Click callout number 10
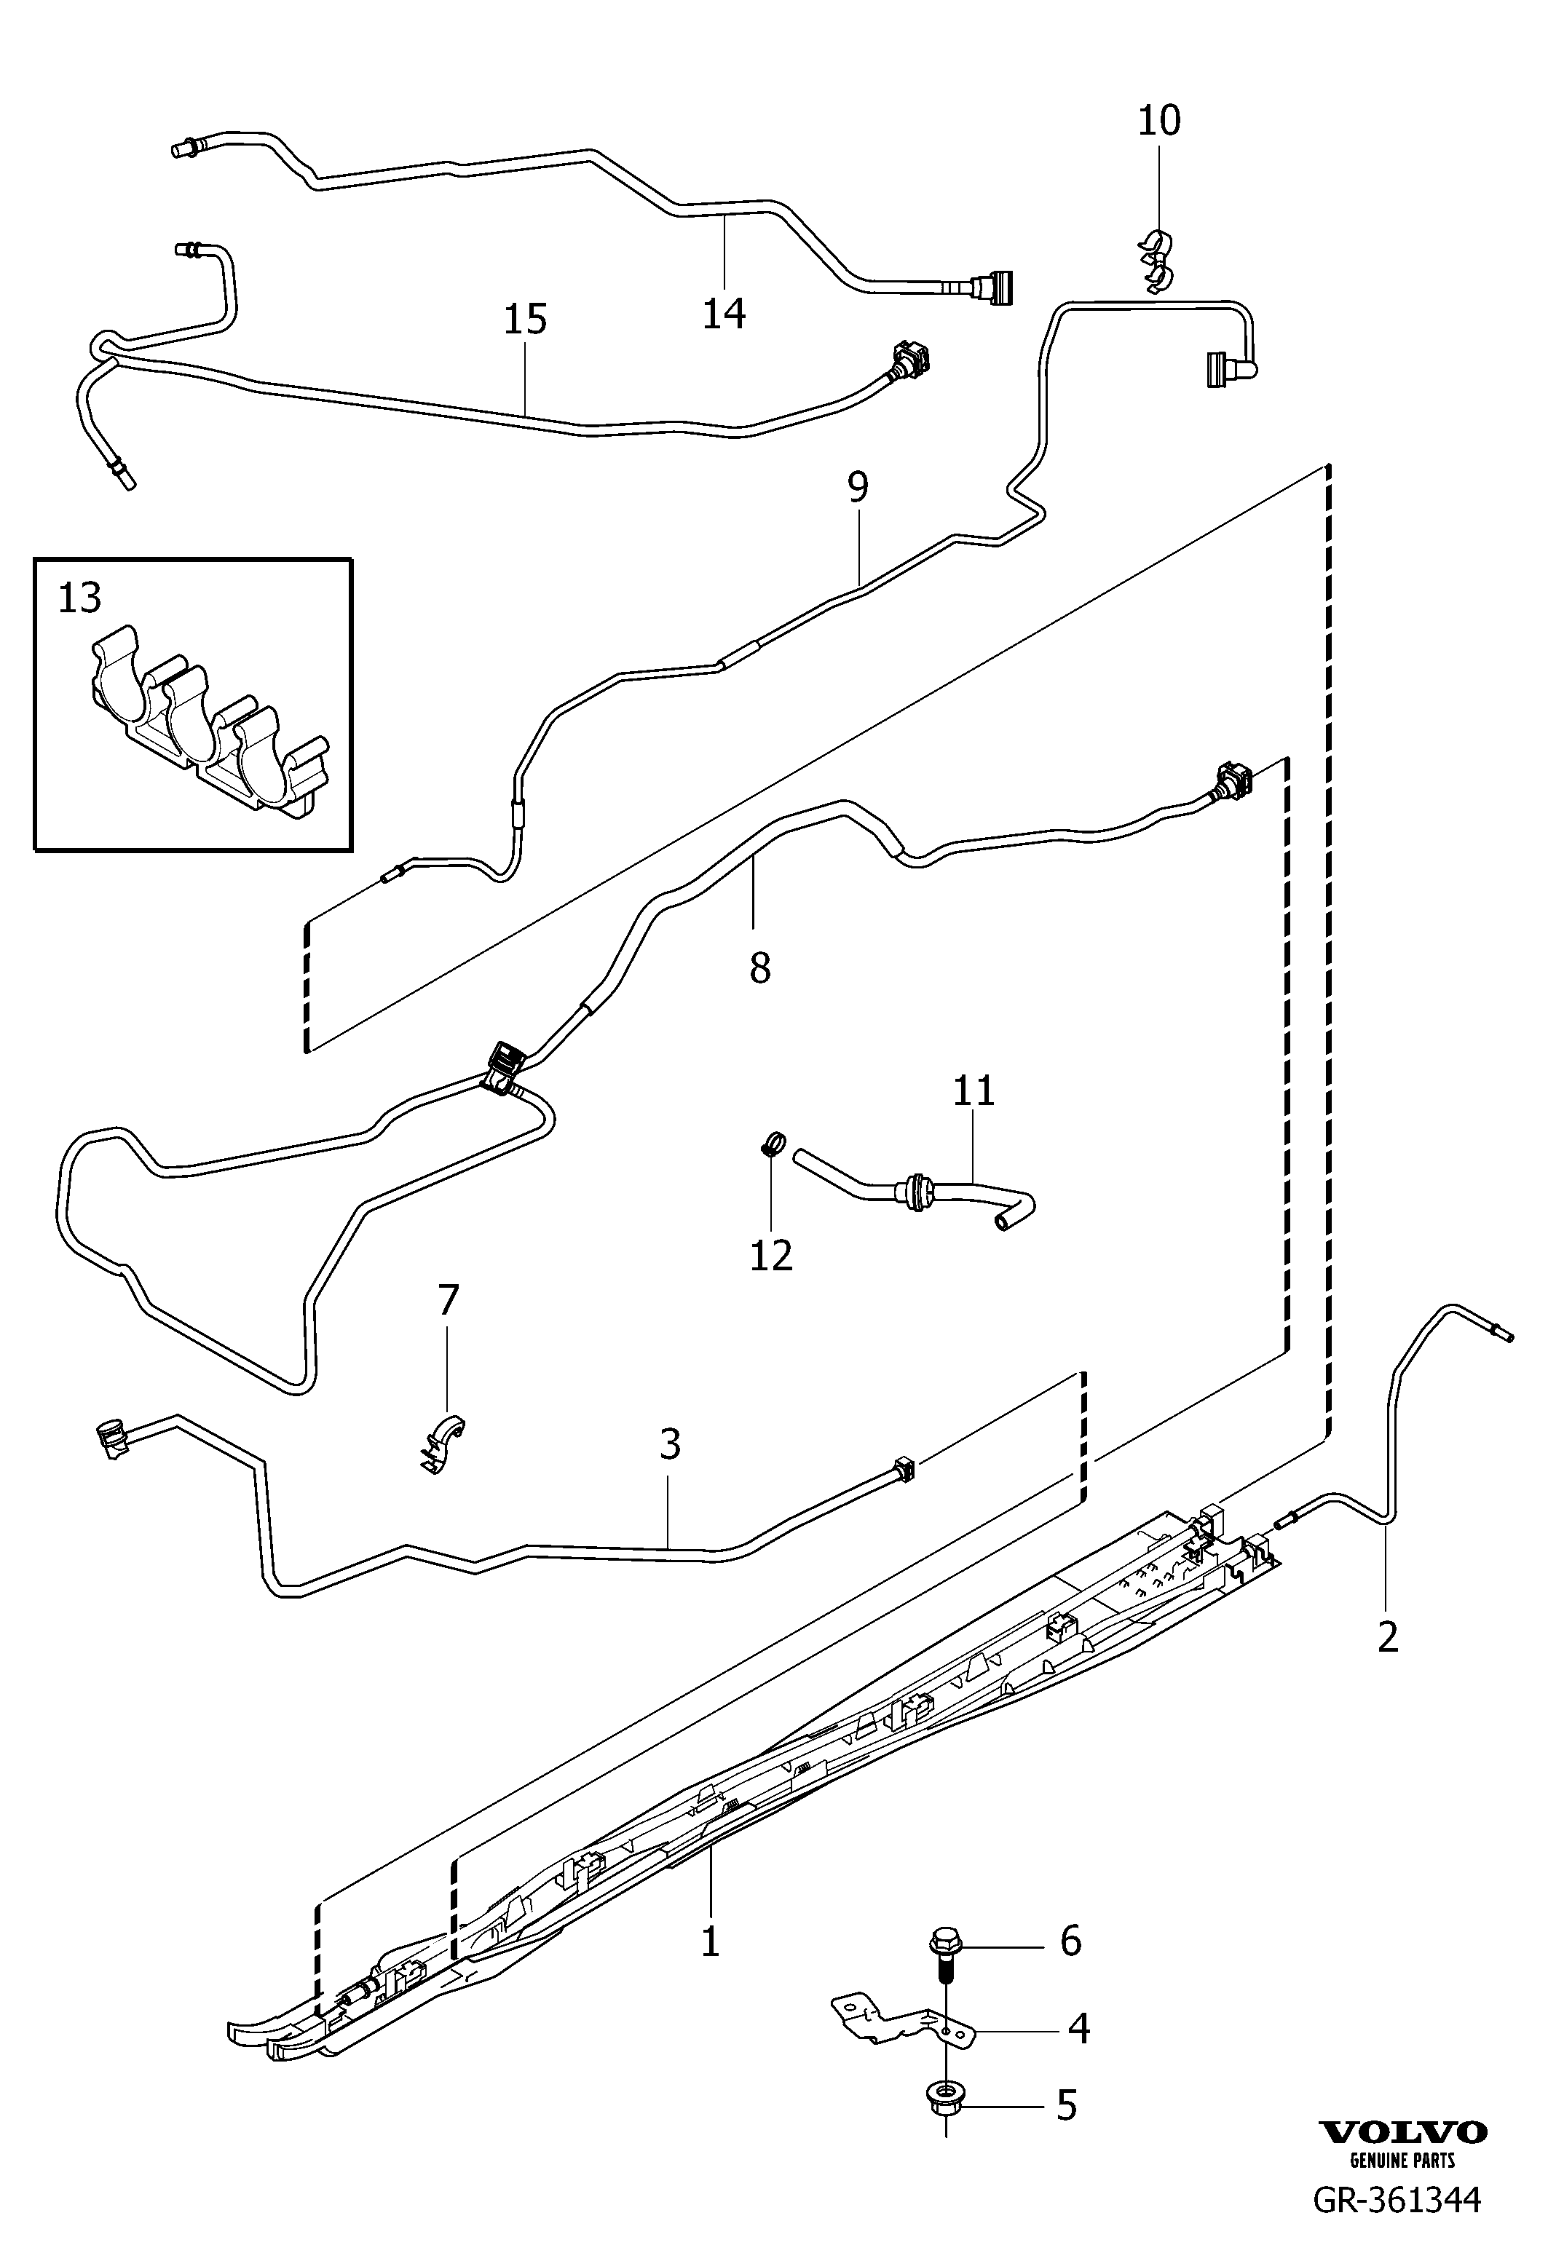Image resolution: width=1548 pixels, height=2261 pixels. point(1158,121)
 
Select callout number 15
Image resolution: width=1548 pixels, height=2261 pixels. point(526,319)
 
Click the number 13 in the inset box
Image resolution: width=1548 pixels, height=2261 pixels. point(80,598)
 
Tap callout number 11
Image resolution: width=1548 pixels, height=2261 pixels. point(974,1090)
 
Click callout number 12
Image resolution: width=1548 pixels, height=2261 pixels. point(772,1255)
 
